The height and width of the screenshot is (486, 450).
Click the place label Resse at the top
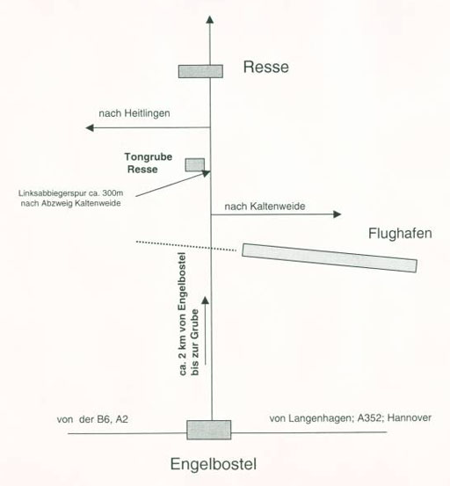[x=266, y=67]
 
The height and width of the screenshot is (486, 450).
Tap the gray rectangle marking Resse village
[x=200, y=71]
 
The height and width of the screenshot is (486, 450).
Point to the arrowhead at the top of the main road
[x=210, y=19]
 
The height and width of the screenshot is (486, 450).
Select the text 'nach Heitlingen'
[x=134, y=113]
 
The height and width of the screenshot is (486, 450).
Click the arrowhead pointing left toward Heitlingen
[x=90, y=127]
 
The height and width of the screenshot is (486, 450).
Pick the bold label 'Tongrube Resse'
[x=149, y=163]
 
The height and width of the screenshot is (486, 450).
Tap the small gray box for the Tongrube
[x=195, y=165]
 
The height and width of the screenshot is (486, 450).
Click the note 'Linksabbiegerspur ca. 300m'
[x=70, y=193]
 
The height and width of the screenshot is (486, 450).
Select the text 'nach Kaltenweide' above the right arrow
[x=265, y=207]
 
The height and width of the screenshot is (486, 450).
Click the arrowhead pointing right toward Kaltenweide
[x=337, y=214]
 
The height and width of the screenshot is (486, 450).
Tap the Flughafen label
[x=400, y=234]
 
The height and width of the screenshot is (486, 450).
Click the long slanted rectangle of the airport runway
[x=330, y=258]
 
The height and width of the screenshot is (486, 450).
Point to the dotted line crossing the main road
[x=186, y=246]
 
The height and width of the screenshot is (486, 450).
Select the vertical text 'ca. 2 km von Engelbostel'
[x=182, y=314]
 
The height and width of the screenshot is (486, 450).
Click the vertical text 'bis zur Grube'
[x=194, y=342]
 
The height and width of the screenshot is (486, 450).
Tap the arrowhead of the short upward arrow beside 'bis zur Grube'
[x=205, y=300]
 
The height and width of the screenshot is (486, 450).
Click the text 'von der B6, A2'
[x=92, y=419]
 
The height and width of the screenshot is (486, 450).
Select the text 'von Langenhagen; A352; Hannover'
[x=350, y=418]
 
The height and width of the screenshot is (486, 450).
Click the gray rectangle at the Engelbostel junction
[x=209, y=430]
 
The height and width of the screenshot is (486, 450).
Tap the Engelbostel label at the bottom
[x=214, y=464]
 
